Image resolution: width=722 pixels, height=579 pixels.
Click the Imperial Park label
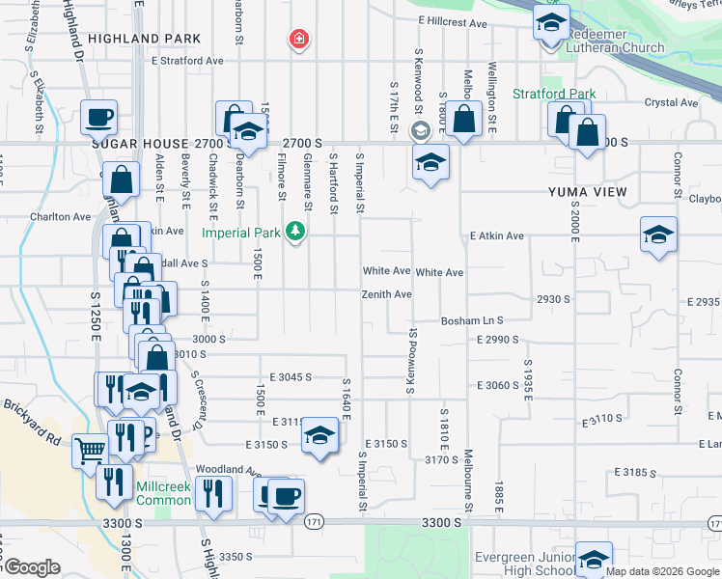(x=240, y=233)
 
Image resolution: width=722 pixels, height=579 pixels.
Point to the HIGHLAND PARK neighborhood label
(x=144, y=39)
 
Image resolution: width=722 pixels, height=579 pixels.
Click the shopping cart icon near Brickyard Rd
(x=91, y=450)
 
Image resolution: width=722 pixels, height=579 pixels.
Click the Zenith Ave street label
(x=387, y=294)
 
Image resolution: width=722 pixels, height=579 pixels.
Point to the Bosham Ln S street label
(x=472, y=320)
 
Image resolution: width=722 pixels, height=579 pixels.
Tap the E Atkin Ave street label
(x=496, y=235)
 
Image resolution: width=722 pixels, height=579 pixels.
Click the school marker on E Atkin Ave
(x=658, y=235)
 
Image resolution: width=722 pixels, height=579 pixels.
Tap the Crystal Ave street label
(x=671, y=102)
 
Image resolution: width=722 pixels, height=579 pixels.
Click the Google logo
(x=31, y=567)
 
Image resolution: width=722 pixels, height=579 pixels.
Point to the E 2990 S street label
(x=498, y=340)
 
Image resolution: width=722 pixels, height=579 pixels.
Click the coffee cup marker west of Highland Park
(x=99, y=118)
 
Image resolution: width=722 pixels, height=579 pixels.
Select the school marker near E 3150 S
(x=319, y=436)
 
